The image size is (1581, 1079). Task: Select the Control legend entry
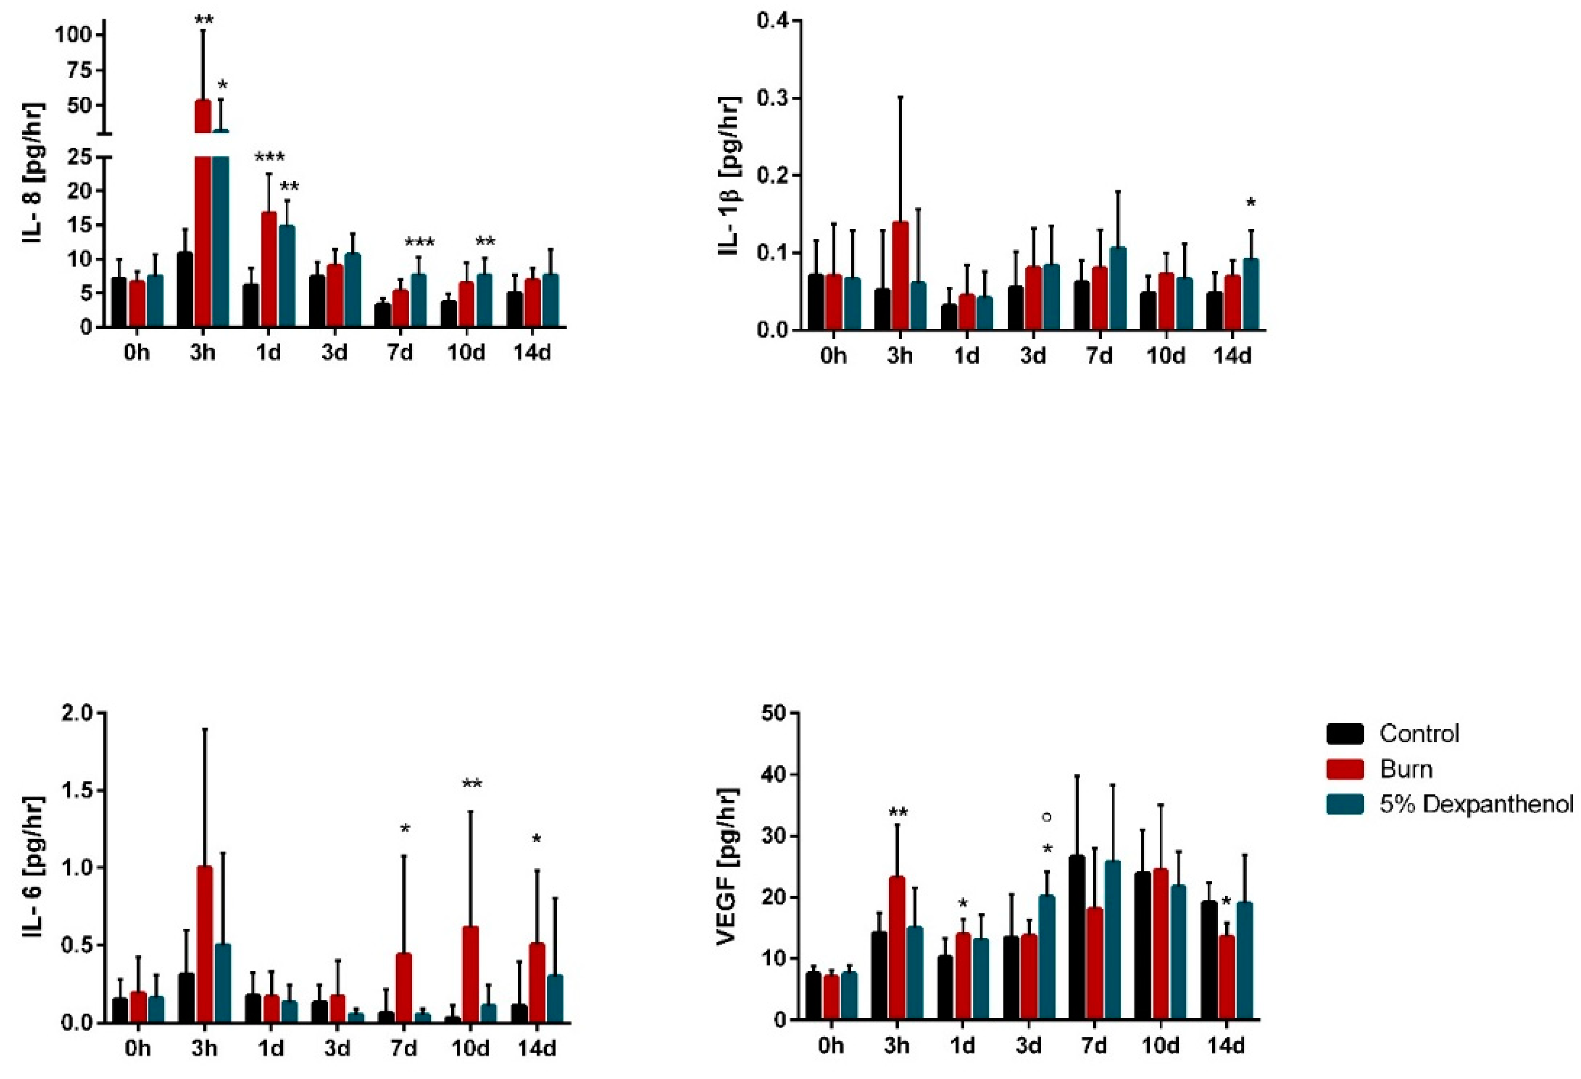click(x=1419, y=733)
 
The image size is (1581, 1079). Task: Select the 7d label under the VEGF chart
click(x=1095, y=1046)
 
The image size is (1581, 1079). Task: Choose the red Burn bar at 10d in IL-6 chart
click(x=470, y=973)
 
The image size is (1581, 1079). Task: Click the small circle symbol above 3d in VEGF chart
click(x=1047, y=816)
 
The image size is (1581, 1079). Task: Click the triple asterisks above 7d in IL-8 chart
click(x=419, y=243)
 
